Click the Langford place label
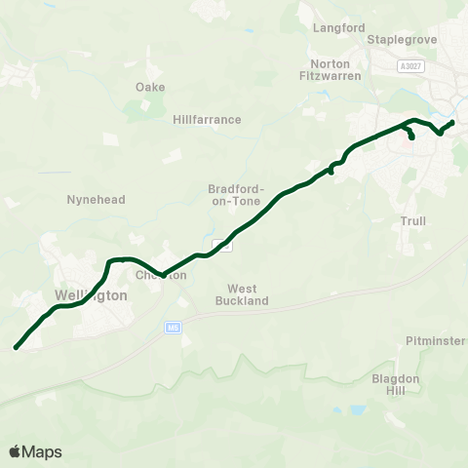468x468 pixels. [337, 27]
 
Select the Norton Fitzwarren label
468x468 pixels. [329, 69]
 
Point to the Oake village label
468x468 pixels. [150, 87]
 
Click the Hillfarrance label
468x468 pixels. [207, 119]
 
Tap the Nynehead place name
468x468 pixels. [96, 199]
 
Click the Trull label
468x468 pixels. [413, 221]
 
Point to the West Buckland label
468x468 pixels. [249, 294]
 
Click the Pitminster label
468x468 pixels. [436, 340]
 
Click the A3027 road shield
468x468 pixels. [410, 66]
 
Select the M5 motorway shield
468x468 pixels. [174, 329]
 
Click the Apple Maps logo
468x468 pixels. [35, 451]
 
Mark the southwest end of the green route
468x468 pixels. [16, 347]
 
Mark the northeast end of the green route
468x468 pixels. [452, 122]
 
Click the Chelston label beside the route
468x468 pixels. [161, 276]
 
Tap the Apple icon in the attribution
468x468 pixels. [16, 450]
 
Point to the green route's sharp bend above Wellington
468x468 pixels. [109, 260]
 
